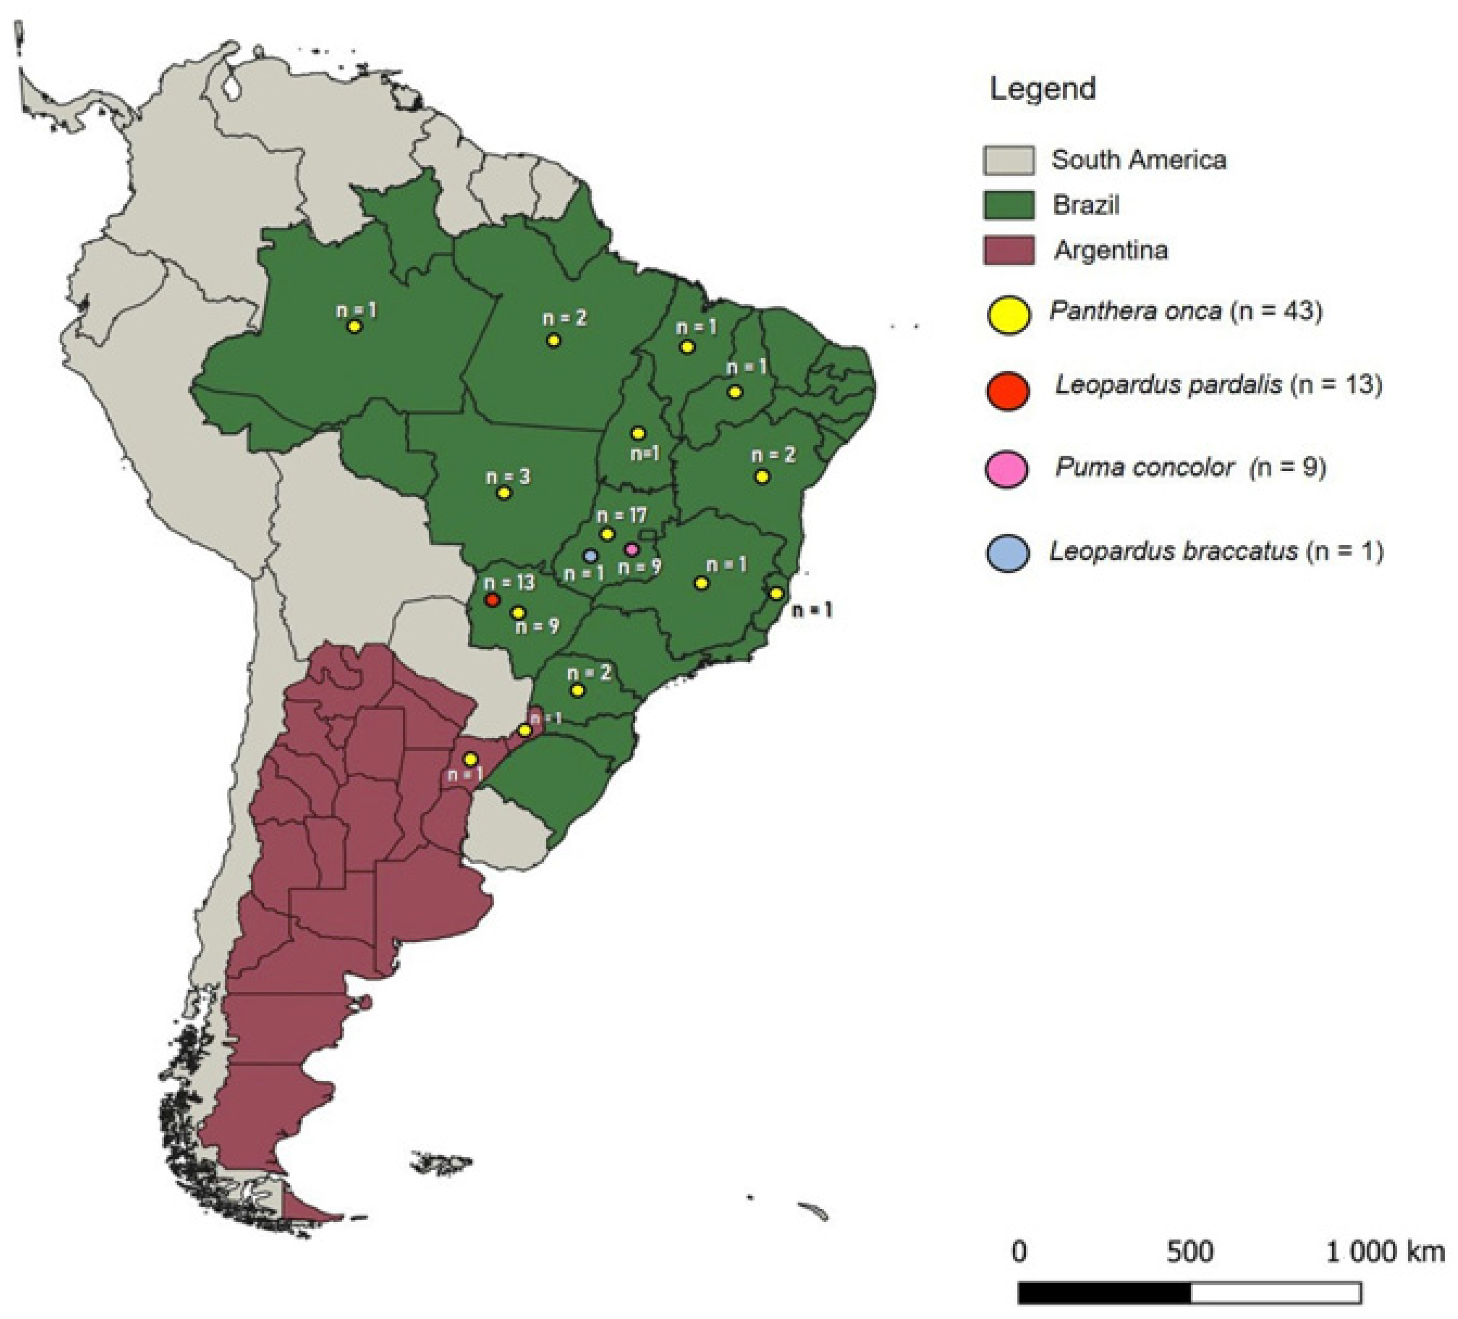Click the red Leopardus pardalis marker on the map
493,600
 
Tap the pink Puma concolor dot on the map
631,549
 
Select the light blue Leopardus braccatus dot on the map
590,555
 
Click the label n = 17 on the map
621,516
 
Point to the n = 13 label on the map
509,582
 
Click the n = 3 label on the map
508,477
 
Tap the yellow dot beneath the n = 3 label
504,493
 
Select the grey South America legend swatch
1008,160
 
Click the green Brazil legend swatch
1008,205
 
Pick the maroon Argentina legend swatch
1008,250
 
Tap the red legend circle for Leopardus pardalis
1008,391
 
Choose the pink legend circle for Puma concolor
1007,469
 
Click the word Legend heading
1042,89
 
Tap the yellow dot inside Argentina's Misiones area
525,730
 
